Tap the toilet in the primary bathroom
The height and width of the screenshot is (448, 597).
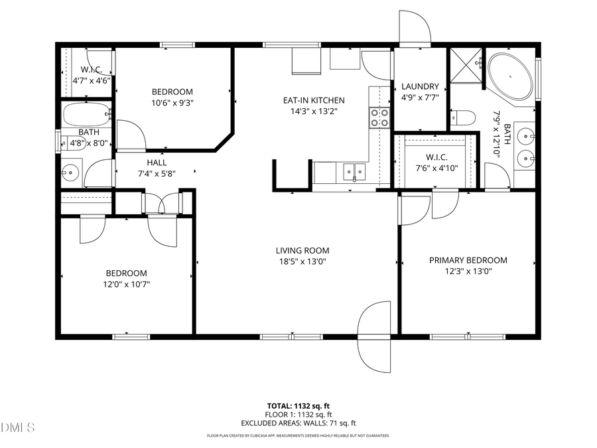point(463,119)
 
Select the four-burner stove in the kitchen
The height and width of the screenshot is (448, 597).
point(379,117)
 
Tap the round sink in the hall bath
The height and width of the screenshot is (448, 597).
point(70,174)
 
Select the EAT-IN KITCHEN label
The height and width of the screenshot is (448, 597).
point(314,100)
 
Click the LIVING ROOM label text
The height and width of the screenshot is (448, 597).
point(302,250)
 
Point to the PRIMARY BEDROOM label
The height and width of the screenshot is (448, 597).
point(468,260)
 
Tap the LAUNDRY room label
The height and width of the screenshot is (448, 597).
point(420,86)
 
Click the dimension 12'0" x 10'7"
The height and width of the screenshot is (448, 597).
point(126,284)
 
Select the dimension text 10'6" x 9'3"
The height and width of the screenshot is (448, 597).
point(172,103)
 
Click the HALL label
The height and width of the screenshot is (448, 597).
point(157,163)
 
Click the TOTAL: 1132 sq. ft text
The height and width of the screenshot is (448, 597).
point(298,405)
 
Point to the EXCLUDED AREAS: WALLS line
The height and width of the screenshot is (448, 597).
point(298,423)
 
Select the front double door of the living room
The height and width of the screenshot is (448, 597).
point(375,335)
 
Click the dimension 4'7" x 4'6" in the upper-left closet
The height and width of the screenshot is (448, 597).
point(91,80)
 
